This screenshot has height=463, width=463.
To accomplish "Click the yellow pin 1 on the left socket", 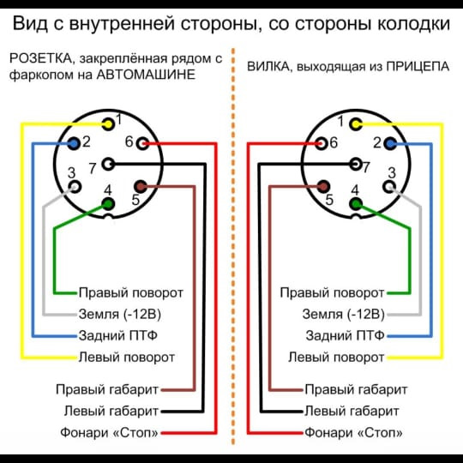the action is [x=108, y=124].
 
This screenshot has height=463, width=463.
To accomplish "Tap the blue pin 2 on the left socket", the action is [x=74, y=144].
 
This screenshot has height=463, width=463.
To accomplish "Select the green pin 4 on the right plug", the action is [x=356, y=204].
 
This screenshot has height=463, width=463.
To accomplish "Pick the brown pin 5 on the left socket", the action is [x=141, y=186].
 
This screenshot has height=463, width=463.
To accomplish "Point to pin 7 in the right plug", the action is [x=356, y=164].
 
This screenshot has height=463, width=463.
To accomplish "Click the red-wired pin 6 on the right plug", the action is [x=321, y=144].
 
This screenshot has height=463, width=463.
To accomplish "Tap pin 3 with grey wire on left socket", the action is [x=75, y=187].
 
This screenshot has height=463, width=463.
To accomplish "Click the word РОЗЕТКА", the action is [x=40, y=58].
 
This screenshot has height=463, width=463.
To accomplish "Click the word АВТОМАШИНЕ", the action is [x=146, y=75].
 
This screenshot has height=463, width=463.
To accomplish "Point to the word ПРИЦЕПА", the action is [x=418, y=66].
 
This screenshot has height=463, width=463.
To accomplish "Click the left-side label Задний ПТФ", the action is [x=117, y=335].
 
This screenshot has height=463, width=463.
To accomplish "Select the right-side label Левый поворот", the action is [x=336, y=358].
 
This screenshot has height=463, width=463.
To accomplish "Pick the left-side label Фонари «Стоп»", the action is [x=109, y=433].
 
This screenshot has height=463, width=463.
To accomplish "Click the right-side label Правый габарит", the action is [x=356, y=390].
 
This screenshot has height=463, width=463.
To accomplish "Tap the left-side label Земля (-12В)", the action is [x=119, y=314].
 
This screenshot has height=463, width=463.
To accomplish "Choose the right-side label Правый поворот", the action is [x=332, y=293].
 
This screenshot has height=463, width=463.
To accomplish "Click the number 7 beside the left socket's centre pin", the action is [x=93, y=169].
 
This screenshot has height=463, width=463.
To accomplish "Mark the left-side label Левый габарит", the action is [x=111, y=411].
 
